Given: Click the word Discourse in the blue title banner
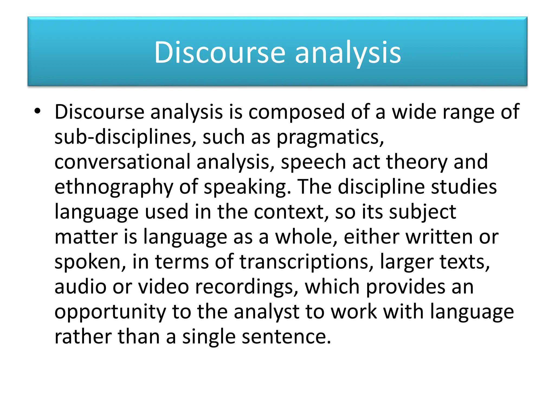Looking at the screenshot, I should [x=220, y=53].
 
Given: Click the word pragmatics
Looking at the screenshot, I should [x=330, y=137].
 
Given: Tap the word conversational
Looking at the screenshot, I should [x=122, y=162].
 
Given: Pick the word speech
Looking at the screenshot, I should [x=313, y=162].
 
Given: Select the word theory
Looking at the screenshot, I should [x=417, y=162].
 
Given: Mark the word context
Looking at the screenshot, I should [x=291, y=212].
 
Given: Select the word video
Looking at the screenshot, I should [x=163, y=287].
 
